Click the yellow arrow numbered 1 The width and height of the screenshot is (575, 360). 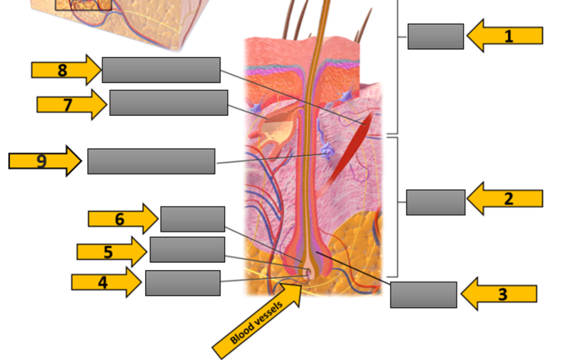505,36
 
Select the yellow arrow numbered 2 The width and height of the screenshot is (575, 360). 505,198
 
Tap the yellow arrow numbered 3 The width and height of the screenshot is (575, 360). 499,294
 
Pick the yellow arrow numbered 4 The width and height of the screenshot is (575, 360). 106,282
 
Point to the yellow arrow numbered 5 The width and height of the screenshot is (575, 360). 112,252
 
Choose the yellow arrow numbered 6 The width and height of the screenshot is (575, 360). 123,219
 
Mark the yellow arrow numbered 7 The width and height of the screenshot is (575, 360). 71,104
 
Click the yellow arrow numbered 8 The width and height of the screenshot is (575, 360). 66,70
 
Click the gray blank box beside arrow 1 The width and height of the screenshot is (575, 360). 436,36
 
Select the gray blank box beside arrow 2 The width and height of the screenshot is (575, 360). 436,202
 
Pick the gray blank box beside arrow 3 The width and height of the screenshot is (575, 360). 424,295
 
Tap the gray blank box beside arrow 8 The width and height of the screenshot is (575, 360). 161,70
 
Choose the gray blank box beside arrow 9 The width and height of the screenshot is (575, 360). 151,161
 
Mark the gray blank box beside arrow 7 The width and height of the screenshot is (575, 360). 169,103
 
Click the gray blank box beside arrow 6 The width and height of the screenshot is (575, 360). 193,219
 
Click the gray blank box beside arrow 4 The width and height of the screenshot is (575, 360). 183,283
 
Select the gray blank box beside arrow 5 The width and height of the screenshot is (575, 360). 188,250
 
